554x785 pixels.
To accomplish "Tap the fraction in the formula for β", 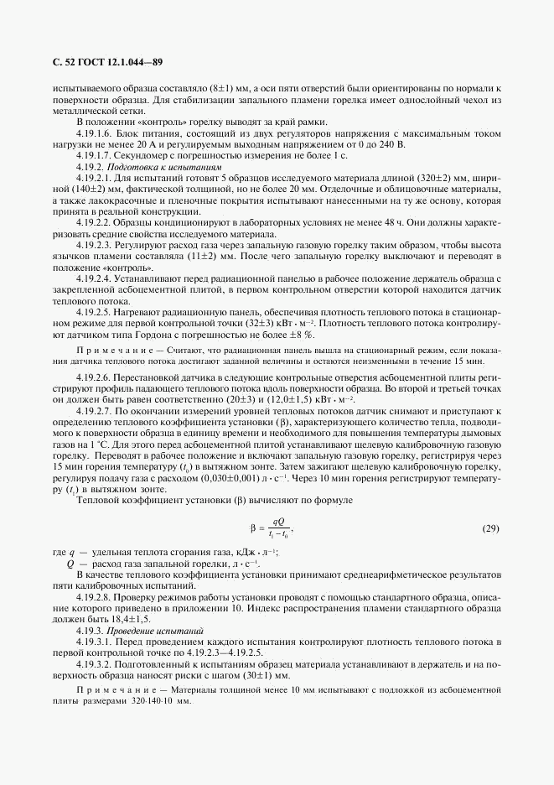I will click(277, 530).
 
